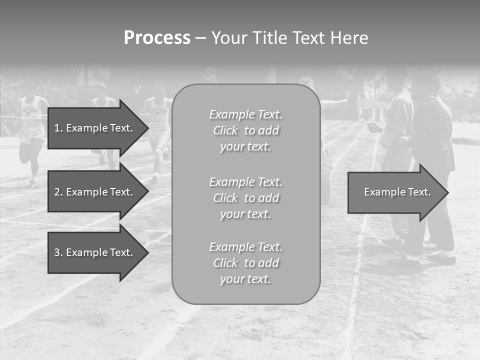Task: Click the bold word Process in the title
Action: click(x=157, y=37)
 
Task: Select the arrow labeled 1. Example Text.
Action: click(x=93, y=128)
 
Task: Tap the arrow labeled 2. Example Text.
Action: click(x=93, y=192)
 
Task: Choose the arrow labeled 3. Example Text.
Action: click(x=93, y=252)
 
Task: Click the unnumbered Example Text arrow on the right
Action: click(x=397, y=192)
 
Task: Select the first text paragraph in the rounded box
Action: click(x=245, y=130)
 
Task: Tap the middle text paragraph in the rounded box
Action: click(x=245, y=198)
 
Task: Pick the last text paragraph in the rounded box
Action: click(x=245, y=263)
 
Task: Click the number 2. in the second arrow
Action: click(x=58, y=192)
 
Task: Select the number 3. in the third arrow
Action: click(x=58, y=252)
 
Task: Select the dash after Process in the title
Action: click(x=200, y=38)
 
